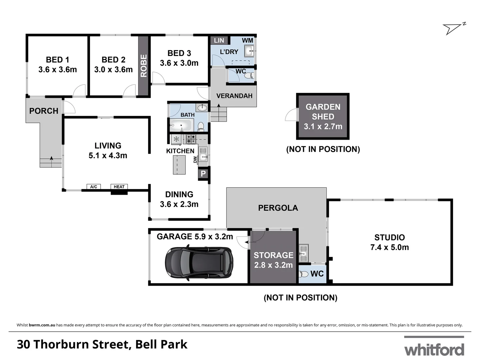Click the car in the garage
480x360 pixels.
click(199, 263)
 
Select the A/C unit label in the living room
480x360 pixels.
click(94, 187)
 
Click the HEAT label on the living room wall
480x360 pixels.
click(119, 187)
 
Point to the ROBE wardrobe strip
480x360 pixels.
click(144, 66)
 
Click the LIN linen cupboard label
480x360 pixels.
click(219, 40)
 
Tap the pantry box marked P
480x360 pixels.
click(203, 174)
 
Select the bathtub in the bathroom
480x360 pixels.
click(180, 126)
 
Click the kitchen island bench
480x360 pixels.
click(179, 165)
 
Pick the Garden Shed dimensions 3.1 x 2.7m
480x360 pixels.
click(323, 126)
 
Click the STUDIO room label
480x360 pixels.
click(389, 237)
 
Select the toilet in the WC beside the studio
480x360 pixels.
click(304, 274)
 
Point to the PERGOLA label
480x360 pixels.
click(278, 208)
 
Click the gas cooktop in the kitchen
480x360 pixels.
click(191, 139)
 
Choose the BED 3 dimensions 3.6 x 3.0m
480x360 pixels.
click(179, 63)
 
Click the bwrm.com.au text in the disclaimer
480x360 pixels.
click(42, 325)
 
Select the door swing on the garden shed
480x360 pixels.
click(291, 115)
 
